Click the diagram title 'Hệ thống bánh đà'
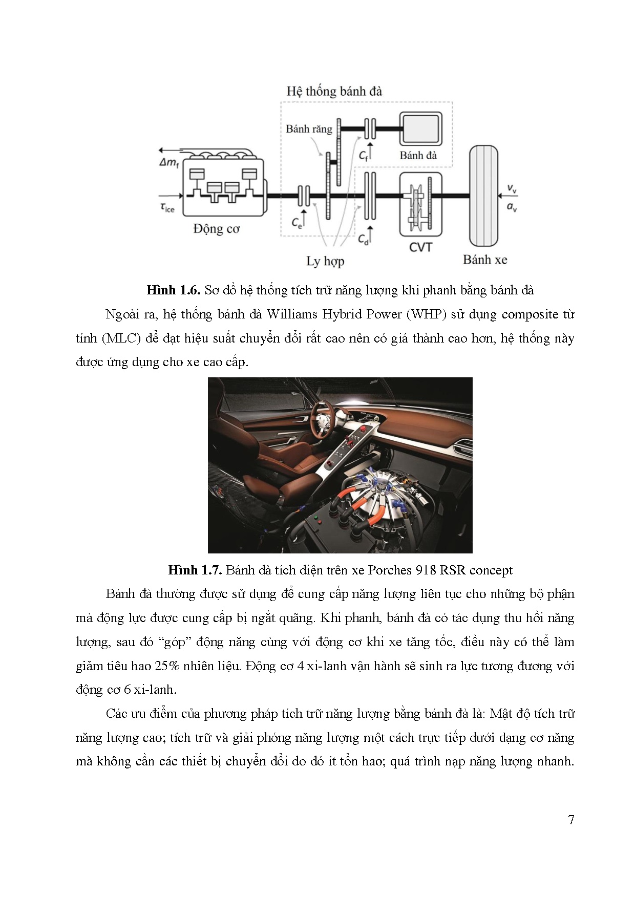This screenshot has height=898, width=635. point(334,92)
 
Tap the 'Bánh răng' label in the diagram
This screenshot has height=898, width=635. point(309,129)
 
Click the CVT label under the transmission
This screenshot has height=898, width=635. point(420,247)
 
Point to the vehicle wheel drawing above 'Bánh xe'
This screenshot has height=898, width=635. point(483,195)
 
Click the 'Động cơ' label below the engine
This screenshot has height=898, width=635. point(216,228)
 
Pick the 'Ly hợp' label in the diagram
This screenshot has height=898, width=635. point(325,261)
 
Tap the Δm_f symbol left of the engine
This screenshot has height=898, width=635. point(169,163)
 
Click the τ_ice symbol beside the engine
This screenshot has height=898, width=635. point(167,207)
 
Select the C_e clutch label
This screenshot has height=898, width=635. point(297,222)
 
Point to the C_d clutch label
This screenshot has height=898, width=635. point(363,239)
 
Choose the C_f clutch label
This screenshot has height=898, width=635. point(363,155)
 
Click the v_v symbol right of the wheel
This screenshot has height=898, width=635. point(512,189)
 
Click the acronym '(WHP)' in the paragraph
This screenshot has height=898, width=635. point(428,314)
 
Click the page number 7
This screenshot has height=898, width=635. point(571,820)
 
